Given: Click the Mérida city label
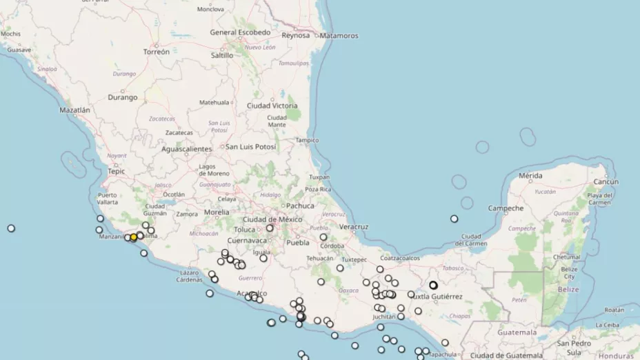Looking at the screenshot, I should click(530, 176).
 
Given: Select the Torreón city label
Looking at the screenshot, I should click(156, 52).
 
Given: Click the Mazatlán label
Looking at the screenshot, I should click(75, 110).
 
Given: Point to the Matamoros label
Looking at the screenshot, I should click(339, 35).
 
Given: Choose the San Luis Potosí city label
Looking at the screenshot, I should click(252, 147).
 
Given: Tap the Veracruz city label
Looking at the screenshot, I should click(354, 226).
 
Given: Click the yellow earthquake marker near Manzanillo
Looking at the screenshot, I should click(134, 237).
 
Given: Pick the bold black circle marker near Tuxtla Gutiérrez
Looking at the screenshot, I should click(434, 285).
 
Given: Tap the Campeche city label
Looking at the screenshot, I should click(507, 208).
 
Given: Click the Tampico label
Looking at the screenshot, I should click(307, 140).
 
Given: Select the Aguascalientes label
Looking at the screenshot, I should click(186, 149).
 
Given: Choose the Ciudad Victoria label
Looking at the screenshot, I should click(272, 106).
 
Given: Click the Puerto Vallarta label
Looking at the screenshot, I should click(107, 199).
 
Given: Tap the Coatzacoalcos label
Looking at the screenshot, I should click(399, 258).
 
